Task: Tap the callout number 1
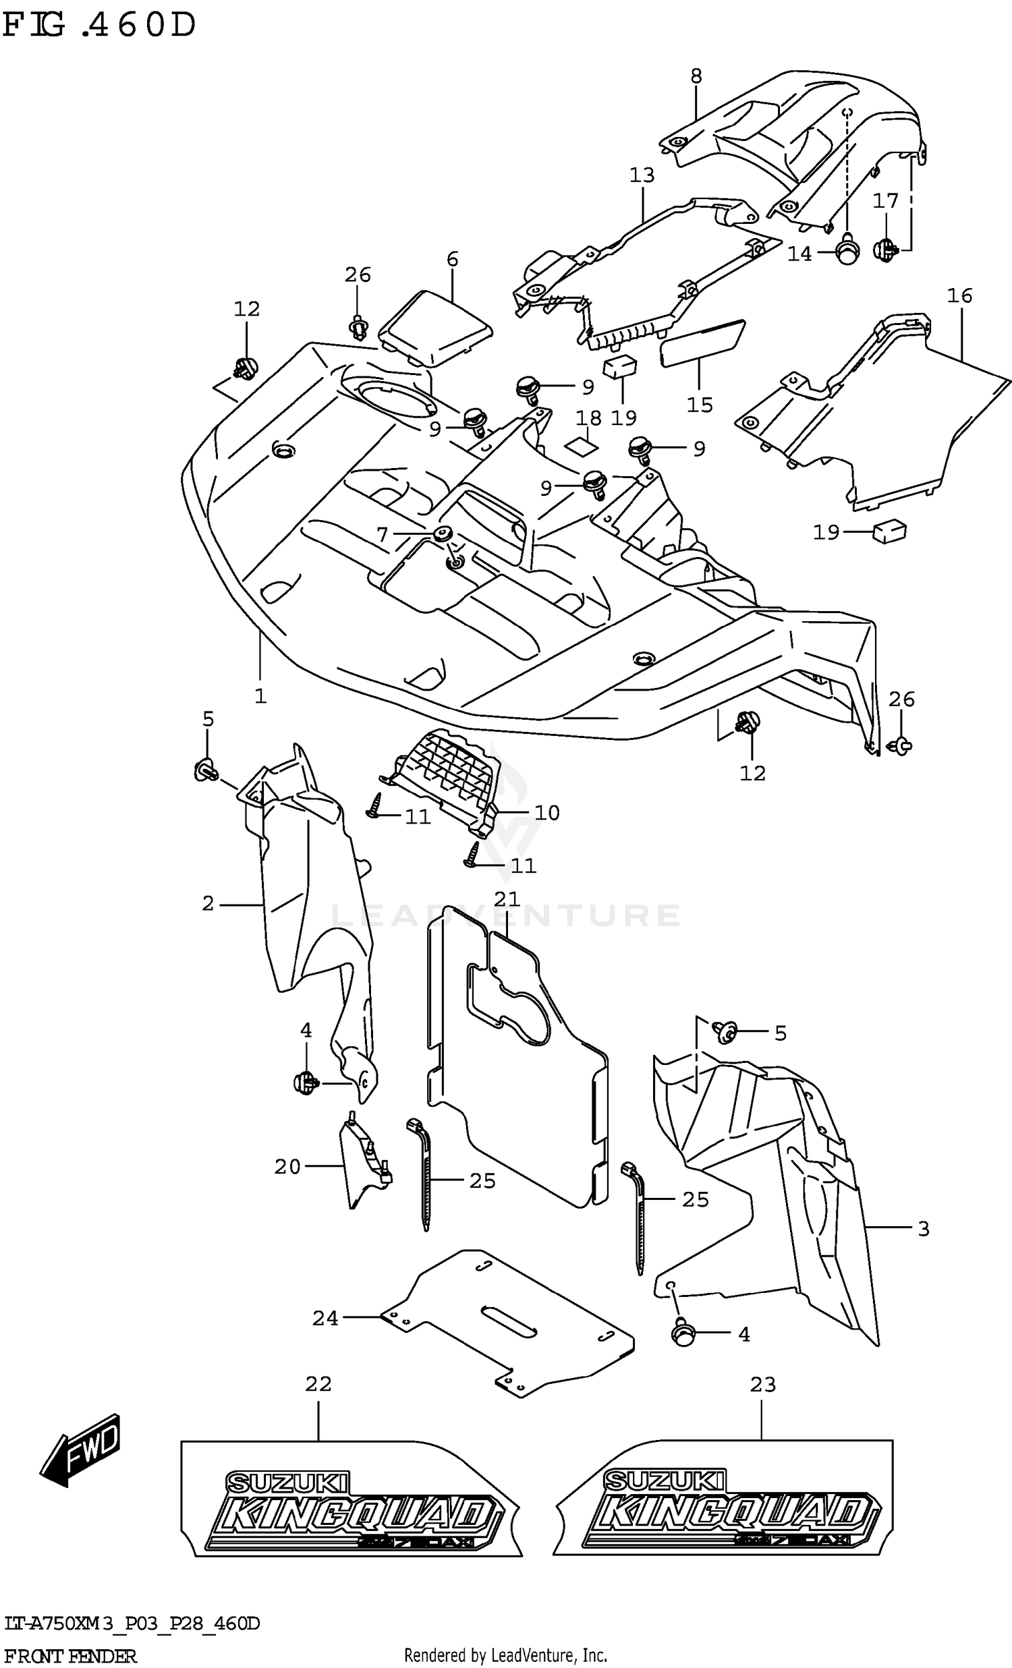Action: coord(260,695)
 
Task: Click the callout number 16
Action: coord(959,295)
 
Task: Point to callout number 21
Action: coord(507,899)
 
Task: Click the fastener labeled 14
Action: coord(847,254)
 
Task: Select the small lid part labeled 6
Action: coord(435,328)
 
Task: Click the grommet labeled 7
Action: coord(443,534)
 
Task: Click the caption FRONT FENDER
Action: coord(70,1657)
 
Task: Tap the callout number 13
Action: coord(642,175)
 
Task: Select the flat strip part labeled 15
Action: coord(701,343)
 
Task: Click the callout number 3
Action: coord(924,1228)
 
